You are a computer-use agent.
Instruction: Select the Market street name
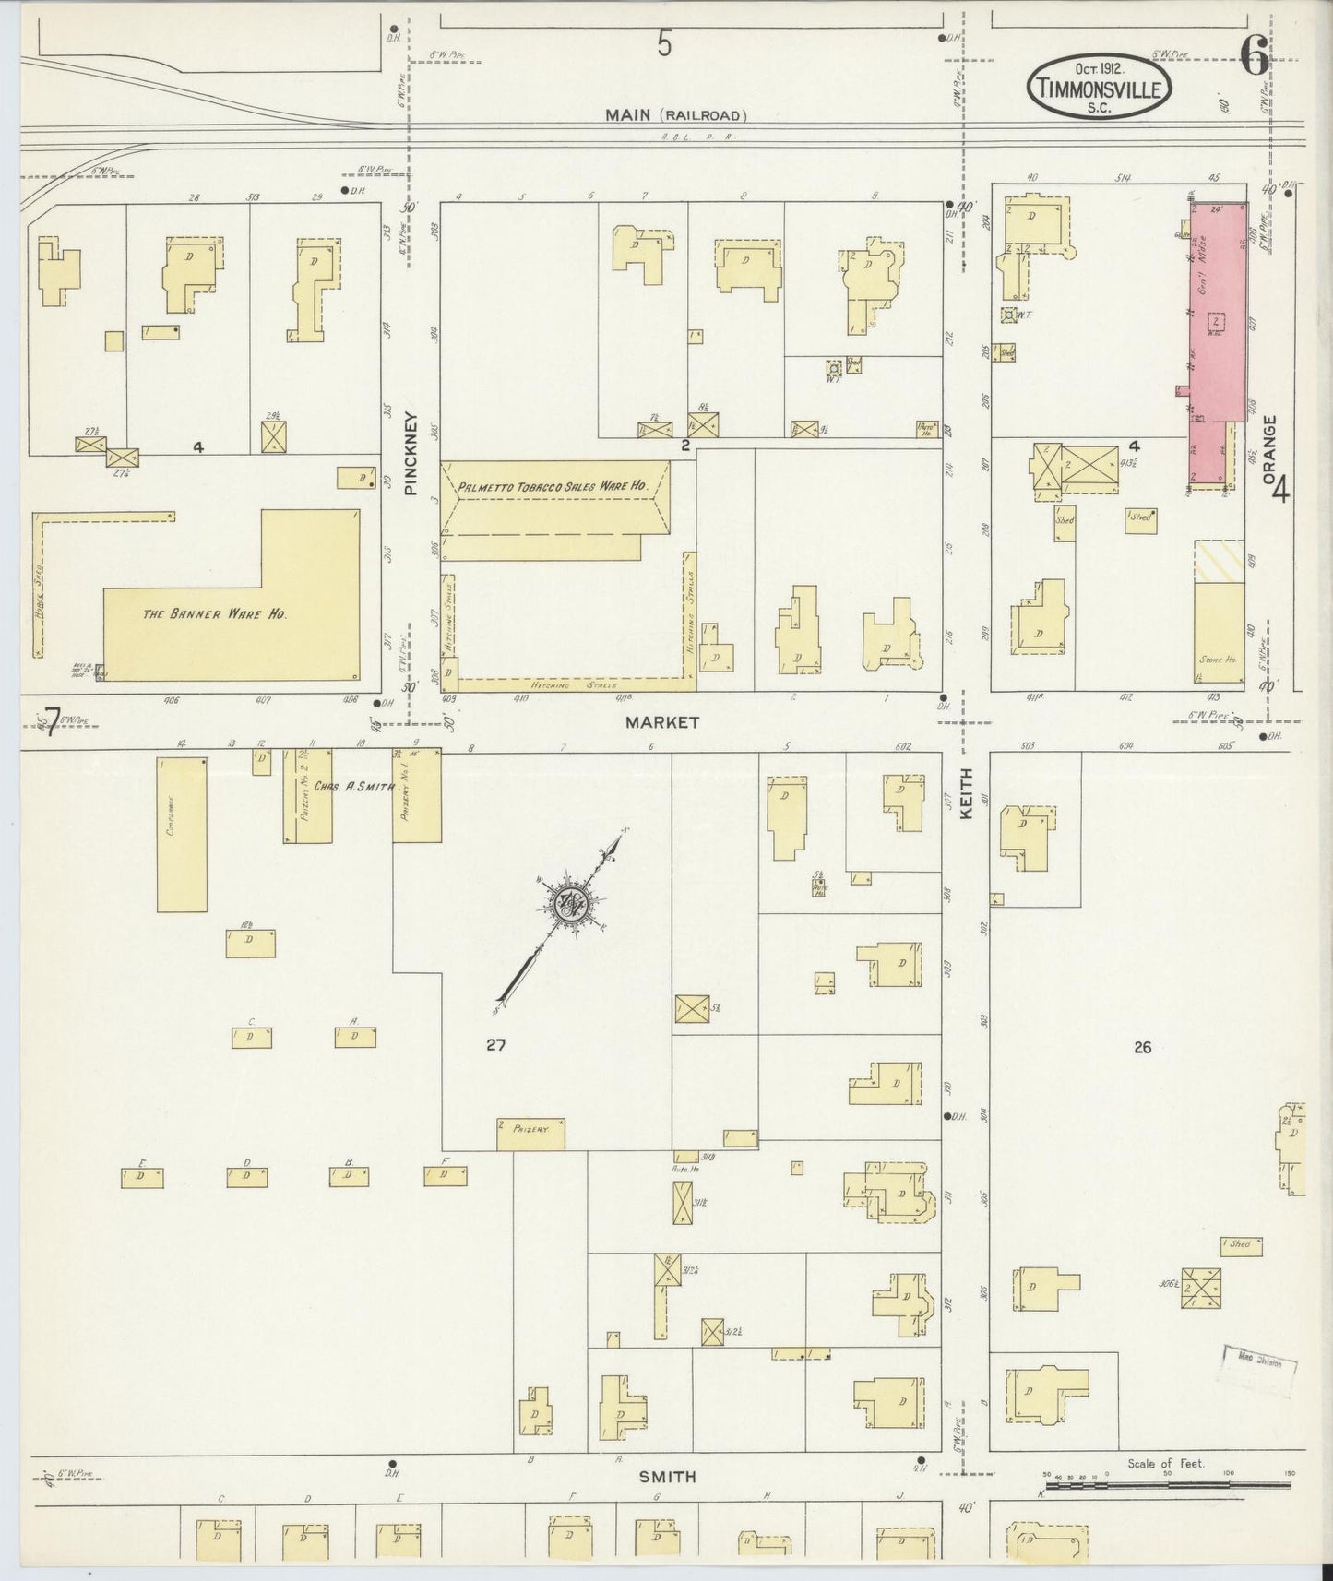coord(662,722)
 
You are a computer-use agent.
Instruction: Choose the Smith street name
coord(667,1477)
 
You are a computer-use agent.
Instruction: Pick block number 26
coord(1142,1047)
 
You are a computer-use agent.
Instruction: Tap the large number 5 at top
coord(664,43)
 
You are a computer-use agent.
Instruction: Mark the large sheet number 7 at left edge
coord(52,719)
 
